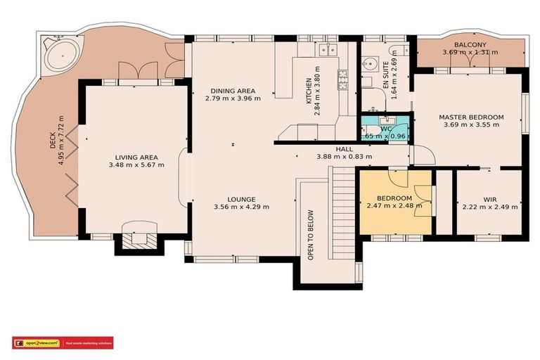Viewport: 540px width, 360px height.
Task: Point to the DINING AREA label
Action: [x=233, y=91]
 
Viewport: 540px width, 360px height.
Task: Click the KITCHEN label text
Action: [x=309, y=92]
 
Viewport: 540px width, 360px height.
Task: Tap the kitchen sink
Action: [x=327, y=50]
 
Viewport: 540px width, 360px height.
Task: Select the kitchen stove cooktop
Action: [x=343, y=79]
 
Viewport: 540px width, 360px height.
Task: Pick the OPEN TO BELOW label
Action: [x=310, y=234]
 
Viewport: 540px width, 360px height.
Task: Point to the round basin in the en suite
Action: [x=371, y=63]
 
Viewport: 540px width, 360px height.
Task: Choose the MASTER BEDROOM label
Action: [x=471, y=117]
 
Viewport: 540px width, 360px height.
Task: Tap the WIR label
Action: [x=490, y=199]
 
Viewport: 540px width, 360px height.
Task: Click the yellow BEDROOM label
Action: [x=394, y=198]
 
